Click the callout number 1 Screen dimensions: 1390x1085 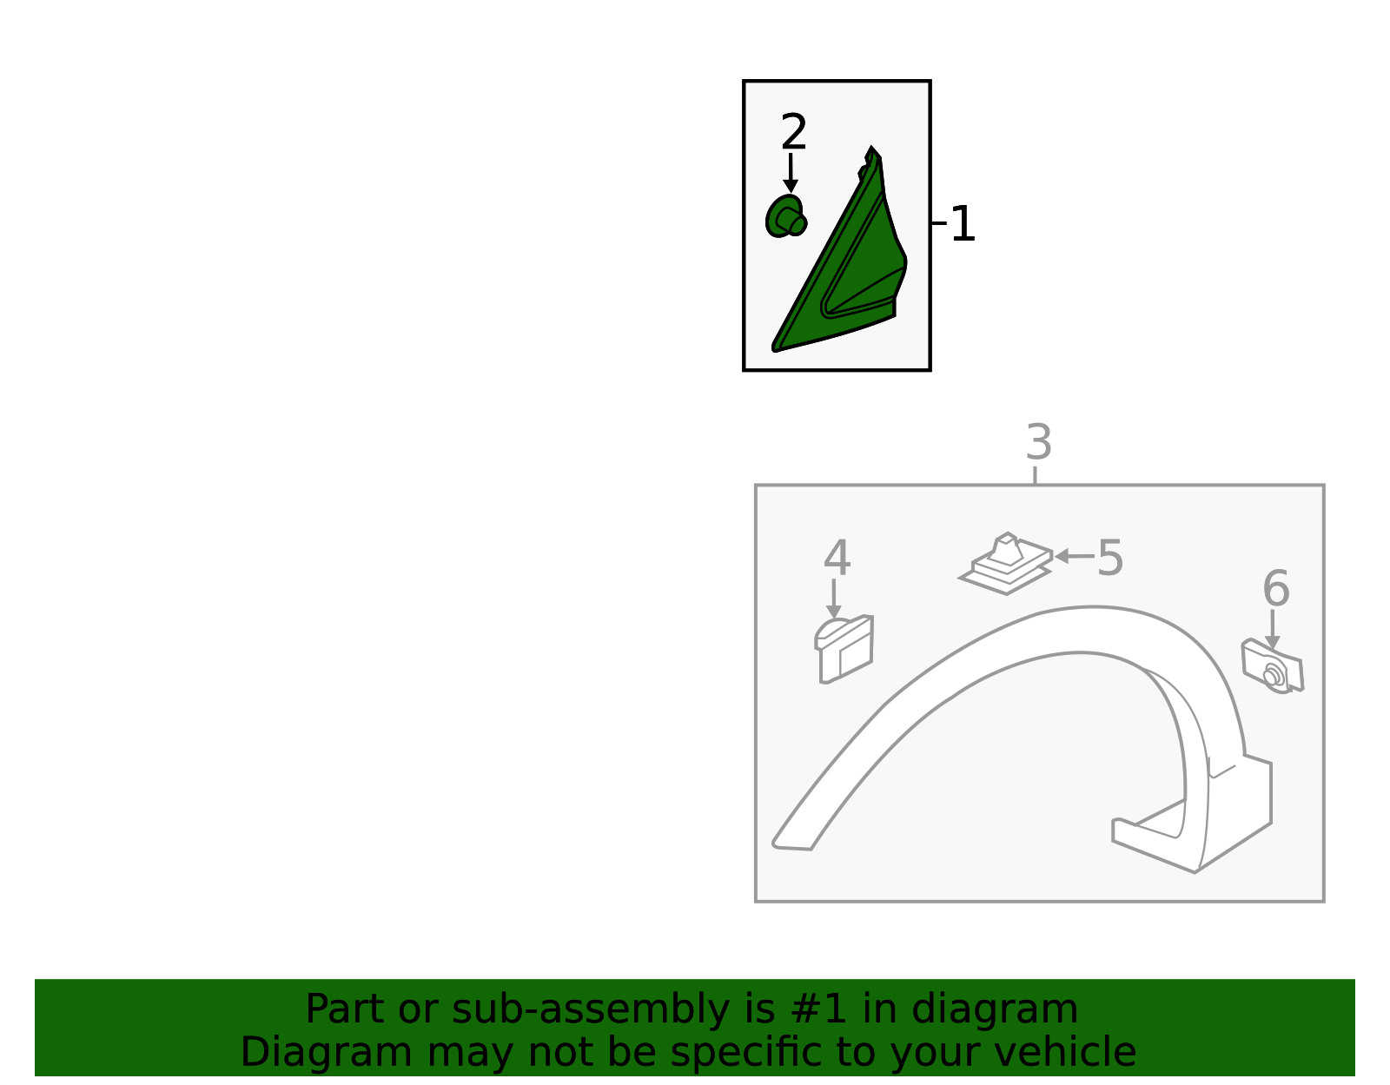962,224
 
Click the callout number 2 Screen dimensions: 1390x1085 793,132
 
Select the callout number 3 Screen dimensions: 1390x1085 1039,442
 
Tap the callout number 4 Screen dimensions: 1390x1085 837,558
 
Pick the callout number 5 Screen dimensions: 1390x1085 1110,558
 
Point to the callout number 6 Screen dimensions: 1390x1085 1276,588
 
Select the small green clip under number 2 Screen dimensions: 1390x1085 786,216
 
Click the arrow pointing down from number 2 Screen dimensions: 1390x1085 791,173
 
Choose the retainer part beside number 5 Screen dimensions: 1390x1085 1006,563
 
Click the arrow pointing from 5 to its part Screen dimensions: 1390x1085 1074,556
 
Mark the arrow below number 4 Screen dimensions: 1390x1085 833,599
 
